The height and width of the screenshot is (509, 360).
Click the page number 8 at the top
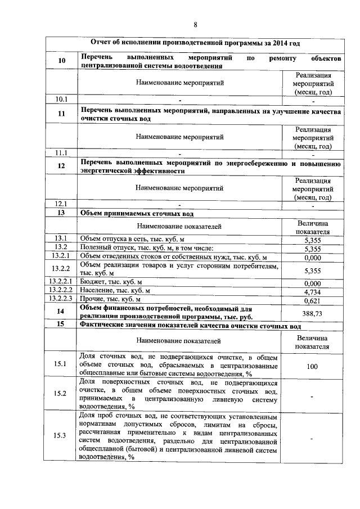point(196,24)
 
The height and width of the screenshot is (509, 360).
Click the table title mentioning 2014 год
point(195,43)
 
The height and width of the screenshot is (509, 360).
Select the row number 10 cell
point(61,61)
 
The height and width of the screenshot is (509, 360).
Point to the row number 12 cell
point(61,166)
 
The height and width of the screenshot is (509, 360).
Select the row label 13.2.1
point(61,256)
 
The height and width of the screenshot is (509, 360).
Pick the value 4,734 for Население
point(312,291)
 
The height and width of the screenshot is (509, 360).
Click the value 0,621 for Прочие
point(312,300)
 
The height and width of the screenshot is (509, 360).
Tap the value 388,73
point(312,313)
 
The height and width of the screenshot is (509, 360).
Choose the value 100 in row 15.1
point(312,366)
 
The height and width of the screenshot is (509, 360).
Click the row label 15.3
point(61,436)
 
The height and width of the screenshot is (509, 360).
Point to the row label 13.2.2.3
point(61,300)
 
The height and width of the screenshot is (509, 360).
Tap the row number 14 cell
point(61,312)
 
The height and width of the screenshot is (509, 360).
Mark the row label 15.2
point(61,393)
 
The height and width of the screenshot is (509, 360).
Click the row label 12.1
point(61,204)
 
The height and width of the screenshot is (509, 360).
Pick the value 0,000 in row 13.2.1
point(312,257)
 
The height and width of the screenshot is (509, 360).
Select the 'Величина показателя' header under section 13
point(312,227)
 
